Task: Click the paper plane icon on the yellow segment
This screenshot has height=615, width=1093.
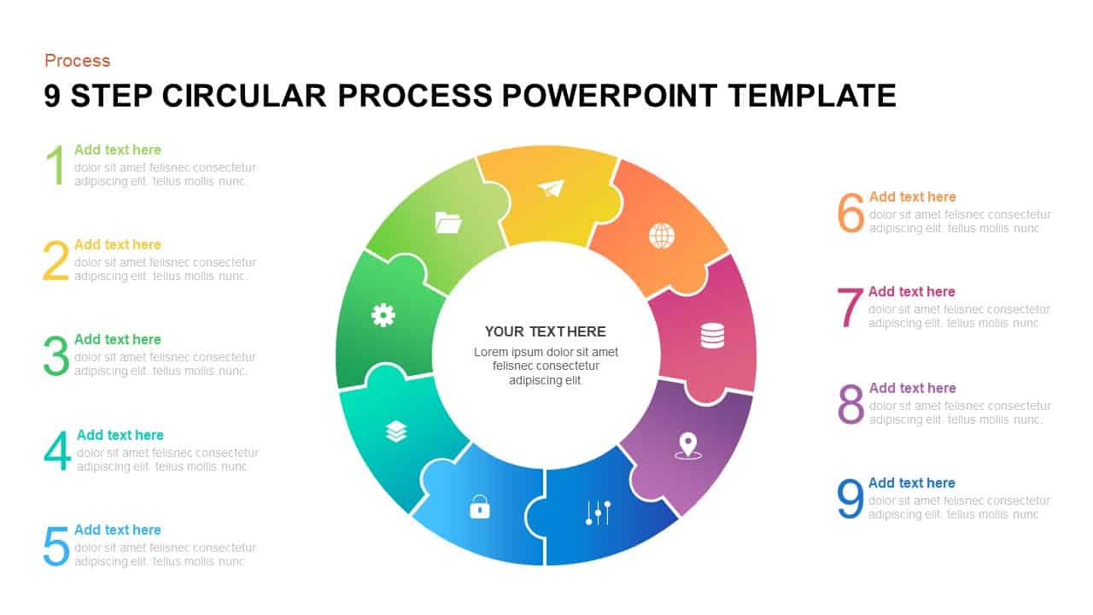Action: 552,188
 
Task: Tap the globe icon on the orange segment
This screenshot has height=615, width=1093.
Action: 662,236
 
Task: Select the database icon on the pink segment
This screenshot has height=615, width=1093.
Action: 712,336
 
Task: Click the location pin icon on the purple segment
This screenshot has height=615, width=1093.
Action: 687,446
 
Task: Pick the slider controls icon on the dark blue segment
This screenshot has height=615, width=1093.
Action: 598,512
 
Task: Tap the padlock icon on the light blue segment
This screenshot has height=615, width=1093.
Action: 480,508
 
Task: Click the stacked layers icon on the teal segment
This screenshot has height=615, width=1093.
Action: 395,431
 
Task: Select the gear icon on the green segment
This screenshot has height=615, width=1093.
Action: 383,315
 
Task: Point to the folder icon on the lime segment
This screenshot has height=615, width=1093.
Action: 447,224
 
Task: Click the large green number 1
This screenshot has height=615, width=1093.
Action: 56,165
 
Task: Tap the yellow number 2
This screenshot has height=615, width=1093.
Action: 56,261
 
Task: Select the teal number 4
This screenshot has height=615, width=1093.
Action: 57,451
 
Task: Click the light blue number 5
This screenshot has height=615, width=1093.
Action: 56,547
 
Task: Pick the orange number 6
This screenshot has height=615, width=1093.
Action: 850,213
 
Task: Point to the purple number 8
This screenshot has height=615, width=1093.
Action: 850,404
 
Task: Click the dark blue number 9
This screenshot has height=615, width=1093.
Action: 850,499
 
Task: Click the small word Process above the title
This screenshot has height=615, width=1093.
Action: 78,61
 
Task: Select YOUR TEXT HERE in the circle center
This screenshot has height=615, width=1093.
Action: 546,331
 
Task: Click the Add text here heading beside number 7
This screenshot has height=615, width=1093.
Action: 911,292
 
